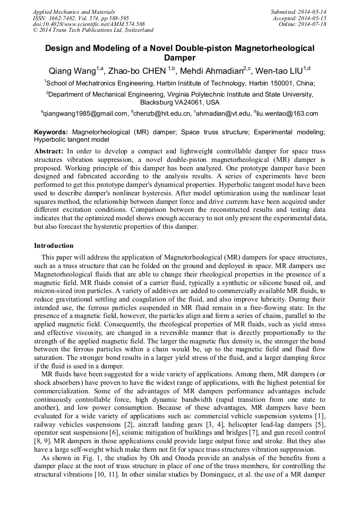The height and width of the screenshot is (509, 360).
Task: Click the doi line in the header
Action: coord(89,24)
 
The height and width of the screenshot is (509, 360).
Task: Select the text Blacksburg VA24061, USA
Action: coord(179,102)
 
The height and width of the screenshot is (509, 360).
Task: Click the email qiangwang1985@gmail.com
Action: coord(86,113)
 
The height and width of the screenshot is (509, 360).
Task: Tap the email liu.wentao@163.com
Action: coord(288,113)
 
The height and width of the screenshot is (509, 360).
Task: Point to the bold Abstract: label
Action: coord(49,151)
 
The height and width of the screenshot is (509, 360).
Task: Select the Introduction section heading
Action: coord(54,246)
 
